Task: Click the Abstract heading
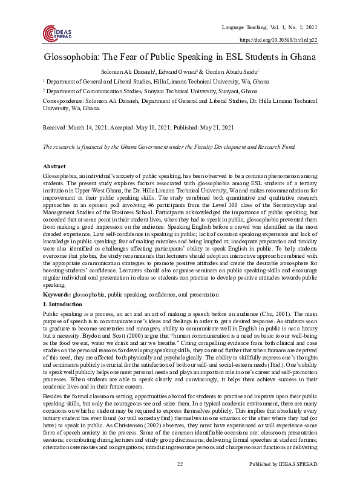tap(54, 165)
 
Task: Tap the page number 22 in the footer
tap(180, 481)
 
